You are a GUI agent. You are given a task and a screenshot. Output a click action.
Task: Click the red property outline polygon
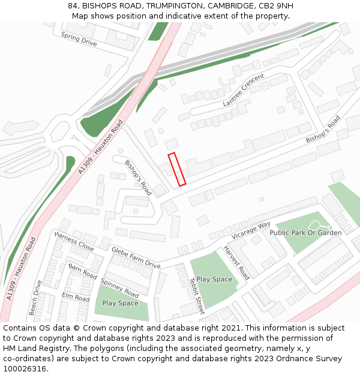177,169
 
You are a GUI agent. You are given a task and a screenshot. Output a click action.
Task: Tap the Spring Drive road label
79,39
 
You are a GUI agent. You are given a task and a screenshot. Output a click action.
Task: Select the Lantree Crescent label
244,91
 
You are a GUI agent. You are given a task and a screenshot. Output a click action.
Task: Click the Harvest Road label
236,262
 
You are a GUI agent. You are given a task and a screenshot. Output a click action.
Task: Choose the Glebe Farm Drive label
136,257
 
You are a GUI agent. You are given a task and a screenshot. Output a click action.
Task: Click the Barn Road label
82,271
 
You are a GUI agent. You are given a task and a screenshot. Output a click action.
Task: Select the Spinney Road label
120,288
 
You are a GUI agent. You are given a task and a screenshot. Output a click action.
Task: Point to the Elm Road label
76,297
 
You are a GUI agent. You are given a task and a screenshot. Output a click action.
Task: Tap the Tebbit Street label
197,296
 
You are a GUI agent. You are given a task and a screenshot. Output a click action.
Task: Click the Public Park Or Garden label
305,232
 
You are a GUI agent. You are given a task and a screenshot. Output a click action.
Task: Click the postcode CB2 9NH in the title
274,6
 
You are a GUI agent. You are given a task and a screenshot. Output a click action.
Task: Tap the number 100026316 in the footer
25,369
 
